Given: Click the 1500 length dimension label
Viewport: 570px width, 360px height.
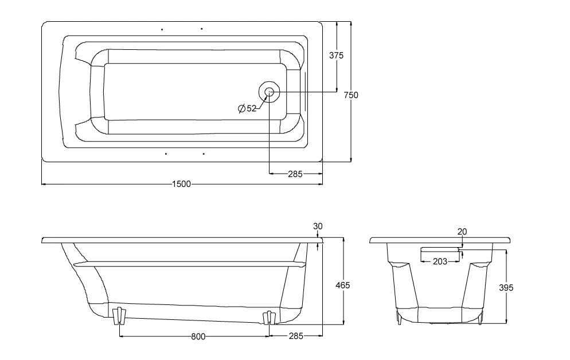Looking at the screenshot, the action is click(181, 184).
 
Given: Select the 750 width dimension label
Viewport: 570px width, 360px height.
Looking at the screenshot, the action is click(351, 95).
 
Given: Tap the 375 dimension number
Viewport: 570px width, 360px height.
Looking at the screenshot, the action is click(336, 56).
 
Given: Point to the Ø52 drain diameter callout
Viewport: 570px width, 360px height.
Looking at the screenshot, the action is click(247, 108).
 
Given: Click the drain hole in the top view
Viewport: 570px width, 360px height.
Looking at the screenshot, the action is click(269, 92).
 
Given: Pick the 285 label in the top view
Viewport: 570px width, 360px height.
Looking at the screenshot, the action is click(295, 174).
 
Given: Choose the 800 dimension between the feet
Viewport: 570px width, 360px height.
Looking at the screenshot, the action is click(198, 336).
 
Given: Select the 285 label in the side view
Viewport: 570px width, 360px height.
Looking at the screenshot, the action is click(296, 336).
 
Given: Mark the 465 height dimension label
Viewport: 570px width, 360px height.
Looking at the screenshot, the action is click(342, 285).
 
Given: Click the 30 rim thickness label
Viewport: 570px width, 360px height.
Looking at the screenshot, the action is click(318, 226).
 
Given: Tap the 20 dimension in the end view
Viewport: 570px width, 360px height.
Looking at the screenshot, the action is click(462, 232).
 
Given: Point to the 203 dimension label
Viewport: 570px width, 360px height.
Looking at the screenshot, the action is click(440, 261).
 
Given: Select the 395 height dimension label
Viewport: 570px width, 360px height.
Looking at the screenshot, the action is click(506, 288).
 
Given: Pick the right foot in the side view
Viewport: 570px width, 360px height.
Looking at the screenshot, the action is click(270, 318).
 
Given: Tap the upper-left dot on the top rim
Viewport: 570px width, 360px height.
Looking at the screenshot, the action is click(162, 29).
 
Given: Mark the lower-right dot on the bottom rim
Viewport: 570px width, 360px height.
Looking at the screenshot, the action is click(204, 154).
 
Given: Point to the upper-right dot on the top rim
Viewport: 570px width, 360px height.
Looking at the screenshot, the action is click(201, 29).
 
